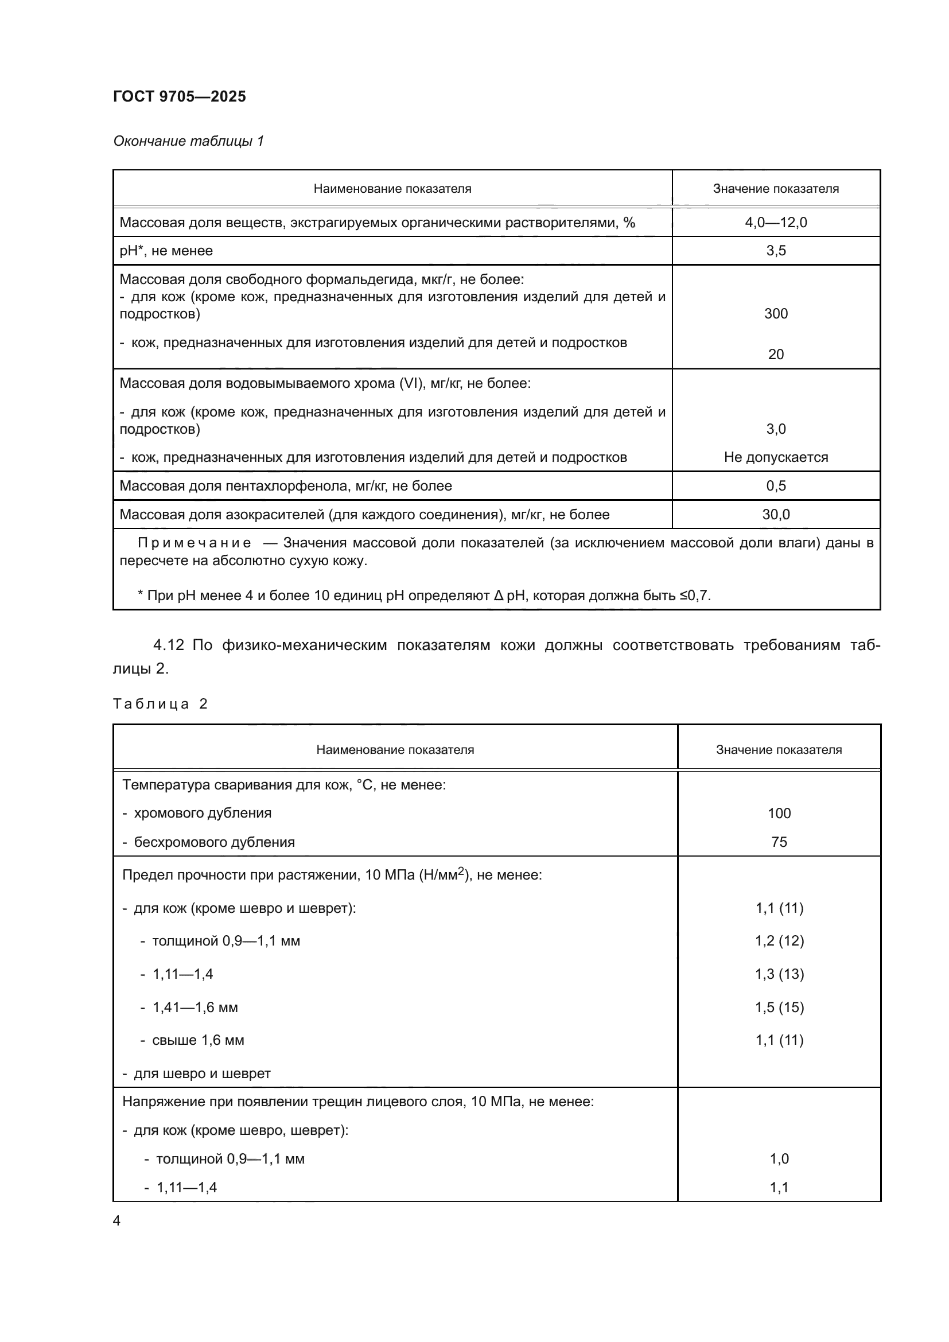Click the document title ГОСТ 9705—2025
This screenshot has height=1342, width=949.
tap(180, 96)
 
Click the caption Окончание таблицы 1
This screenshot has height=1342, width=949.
tap(188, 141)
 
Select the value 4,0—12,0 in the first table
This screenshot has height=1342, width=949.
tap(776, 222)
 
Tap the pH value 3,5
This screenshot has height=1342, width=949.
tap(776, 251)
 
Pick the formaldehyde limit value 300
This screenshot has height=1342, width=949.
tap(776, 314)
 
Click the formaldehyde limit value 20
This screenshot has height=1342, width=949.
tap(776, 354)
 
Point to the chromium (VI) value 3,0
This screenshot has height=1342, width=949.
tap(776, 429)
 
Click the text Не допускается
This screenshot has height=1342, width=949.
tap(776, 457)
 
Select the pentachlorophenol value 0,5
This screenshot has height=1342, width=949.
tap(776, 486)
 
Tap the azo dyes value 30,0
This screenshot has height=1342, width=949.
tap(776, 514)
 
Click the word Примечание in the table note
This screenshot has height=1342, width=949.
tap(194, 543)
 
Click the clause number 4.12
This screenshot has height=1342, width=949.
tap(168, 645)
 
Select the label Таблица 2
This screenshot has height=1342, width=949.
tap(160, 704)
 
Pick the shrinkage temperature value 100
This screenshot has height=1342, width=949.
tap(779, 813)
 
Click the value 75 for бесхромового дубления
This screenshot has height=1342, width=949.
tap(779, 842)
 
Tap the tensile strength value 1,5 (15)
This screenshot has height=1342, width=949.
tap(779, 1007)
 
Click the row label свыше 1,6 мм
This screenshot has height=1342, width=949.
tap(198, 1040)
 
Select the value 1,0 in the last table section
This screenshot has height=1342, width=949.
tap(779, 1158)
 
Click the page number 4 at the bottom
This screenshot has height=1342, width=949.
tap(117, 1220)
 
